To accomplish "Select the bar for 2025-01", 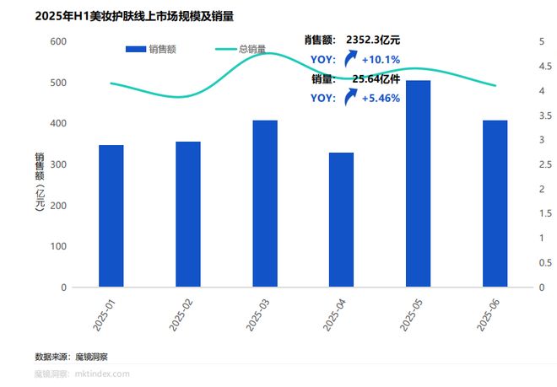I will (x=111, y=216).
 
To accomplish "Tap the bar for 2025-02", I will (x=188, y=214).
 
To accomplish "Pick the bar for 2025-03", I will (x=265, y=203).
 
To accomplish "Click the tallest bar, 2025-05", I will (x=419, y=184).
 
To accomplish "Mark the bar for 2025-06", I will (x=495, y=203).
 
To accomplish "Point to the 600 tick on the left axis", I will (x=58, y=41).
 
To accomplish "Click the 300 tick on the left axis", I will (x=58, y=164).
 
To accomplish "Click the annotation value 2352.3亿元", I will (x=373, y=40).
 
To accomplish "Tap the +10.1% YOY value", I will (x=380, y=59).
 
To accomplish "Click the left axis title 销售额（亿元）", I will (x=39, y=181).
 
